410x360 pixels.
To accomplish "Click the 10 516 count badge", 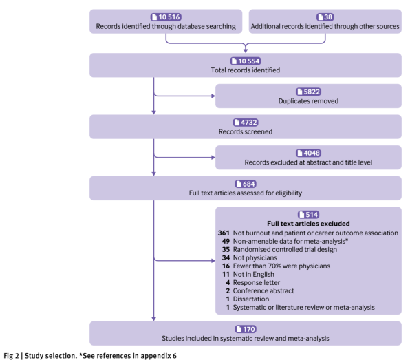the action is [x=166, y=17].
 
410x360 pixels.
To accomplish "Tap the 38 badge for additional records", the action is [x=325, y=17].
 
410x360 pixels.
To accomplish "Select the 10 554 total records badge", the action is [x=246, y=61].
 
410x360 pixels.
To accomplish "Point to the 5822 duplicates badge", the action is [x=308, y=92].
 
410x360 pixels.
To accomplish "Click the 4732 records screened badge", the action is [x=246, y=123].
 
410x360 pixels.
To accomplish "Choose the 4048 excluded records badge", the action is [x=308, y=153].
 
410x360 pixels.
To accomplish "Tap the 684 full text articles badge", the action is [x=246, y=184].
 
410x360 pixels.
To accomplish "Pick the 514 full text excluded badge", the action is [x=308, y=215].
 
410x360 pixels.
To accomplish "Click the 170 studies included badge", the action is [x=246, y=329].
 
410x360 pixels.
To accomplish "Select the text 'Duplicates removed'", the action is [x=308, y=101].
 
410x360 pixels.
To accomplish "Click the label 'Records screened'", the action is [x=246, y=131].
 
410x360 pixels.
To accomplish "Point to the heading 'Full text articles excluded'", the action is [x=308, y=224].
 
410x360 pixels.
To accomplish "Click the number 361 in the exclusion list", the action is [x=224, y=233].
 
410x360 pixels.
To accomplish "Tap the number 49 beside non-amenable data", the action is [x=226, y=241].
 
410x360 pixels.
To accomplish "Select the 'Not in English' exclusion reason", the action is [x=254, y=274].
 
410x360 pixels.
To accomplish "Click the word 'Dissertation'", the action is [x=251, y=299].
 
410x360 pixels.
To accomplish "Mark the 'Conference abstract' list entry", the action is [x=263, y=290].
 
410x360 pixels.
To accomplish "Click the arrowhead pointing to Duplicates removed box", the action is [x=213, y=96].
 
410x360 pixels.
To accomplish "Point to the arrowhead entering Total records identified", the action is [x=246, y=51].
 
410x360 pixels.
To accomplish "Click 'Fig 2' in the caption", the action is [x=11, y=356].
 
